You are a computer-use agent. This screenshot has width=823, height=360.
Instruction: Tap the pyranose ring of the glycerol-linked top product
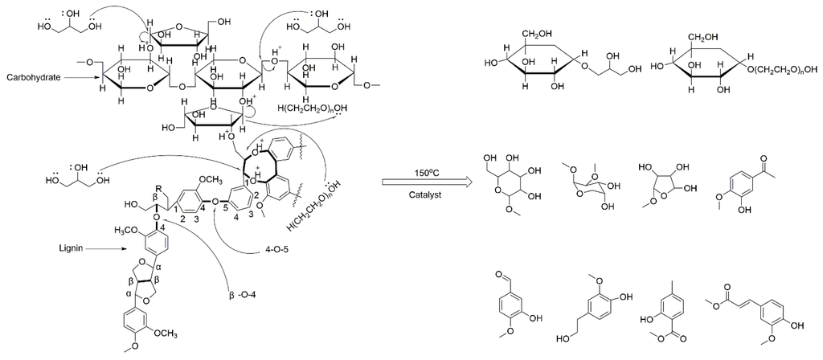(527, 68)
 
